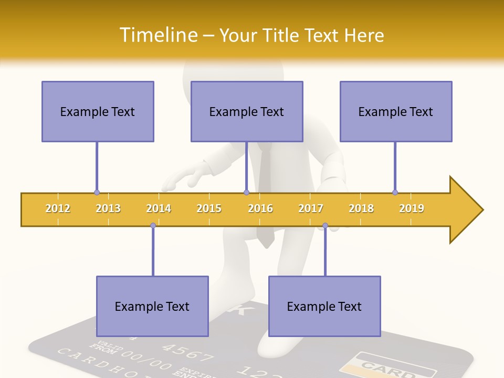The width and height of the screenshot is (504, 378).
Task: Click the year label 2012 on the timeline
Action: click(x=58, y=208)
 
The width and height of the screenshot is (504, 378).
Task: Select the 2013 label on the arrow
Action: click(x=108, y=208)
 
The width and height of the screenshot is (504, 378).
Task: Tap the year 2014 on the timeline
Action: click(x=159, y=208)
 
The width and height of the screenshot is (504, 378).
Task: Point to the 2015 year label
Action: click(x=209, y=208)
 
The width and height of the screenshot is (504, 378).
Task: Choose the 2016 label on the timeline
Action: click(x=260, y=208)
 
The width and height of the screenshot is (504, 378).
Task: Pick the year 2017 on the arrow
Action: click(x=311, y=208)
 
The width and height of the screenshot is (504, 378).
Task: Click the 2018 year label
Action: click(x=361, y=208)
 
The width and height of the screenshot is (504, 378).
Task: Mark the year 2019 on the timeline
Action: click(x=412, y=208)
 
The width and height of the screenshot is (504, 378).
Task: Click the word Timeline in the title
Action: click(x=158, y=35)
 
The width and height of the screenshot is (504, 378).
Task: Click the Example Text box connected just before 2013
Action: click(x=98, y=111)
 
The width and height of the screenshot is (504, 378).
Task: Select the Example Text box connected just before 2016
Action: click(x=247, y=111)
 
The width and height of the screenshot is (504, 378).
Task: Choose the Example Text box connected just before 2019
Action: click(x=396, y=111)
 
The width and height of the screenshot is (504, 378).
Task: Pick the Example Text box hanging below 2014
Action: click(x=152, y=306)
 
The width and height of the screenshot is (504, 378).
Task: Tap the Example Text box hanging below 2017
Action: click(x=324, y=306)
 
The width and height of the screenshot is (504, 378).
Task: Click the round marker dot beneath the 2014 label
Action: click(x=153, y=226)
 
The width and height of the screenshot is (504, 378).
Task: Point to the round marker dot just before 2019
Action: click(x=395, y=192)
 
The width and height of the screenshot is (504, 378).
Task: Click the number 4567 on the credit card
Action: click(x=186, y=352)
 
